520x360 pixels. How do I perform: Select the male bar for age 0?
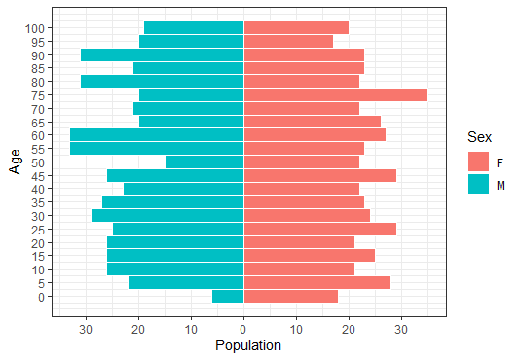point(228,296)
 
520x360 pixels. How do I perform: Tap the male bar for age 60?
point(156,135)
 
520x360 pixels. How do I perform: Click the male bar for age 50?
point(204,162)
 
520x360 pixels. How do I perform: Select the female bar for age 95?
point(288,41)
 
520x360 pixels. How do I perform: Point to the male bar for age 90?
point(162,54)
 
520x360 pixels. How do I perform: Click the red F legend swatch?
point(478,161)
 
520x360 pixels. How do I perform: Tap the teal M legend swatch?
point(478,183)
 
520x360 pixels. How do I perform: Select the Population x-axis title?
point(248,345)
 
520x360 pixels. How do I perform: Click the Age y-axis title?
point(15,162)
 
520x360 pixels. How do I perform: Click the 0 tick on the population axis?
point(243,329)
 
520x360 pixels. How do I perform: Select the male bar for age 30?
point(167,215)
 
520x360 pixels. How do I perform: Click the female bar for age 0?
point(290,296)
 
